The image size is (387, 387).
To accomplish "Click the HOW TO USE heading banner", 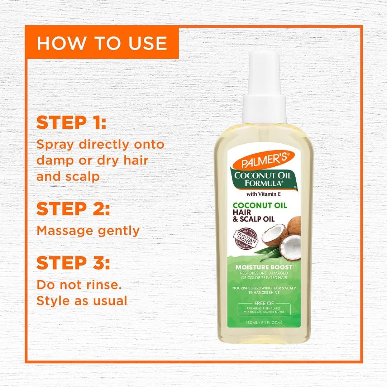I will pyautogui.click(x=102, y=43).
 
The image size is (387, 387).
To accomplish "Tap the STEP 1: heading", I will pyautogui.click(x=71, y=123).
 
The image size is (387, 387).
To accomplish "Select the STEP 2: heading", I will pyautogui.click(x=73, y=209).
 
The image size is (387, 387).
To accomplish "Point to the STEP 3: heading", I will pyautogui.click(x=73, y=263).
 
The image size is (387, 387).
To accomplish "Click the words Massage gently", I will pyautogui.click(x=88, y=231).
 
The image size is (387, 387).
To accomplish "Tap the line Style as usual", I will pyautogui.click(x=82, y=300).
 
